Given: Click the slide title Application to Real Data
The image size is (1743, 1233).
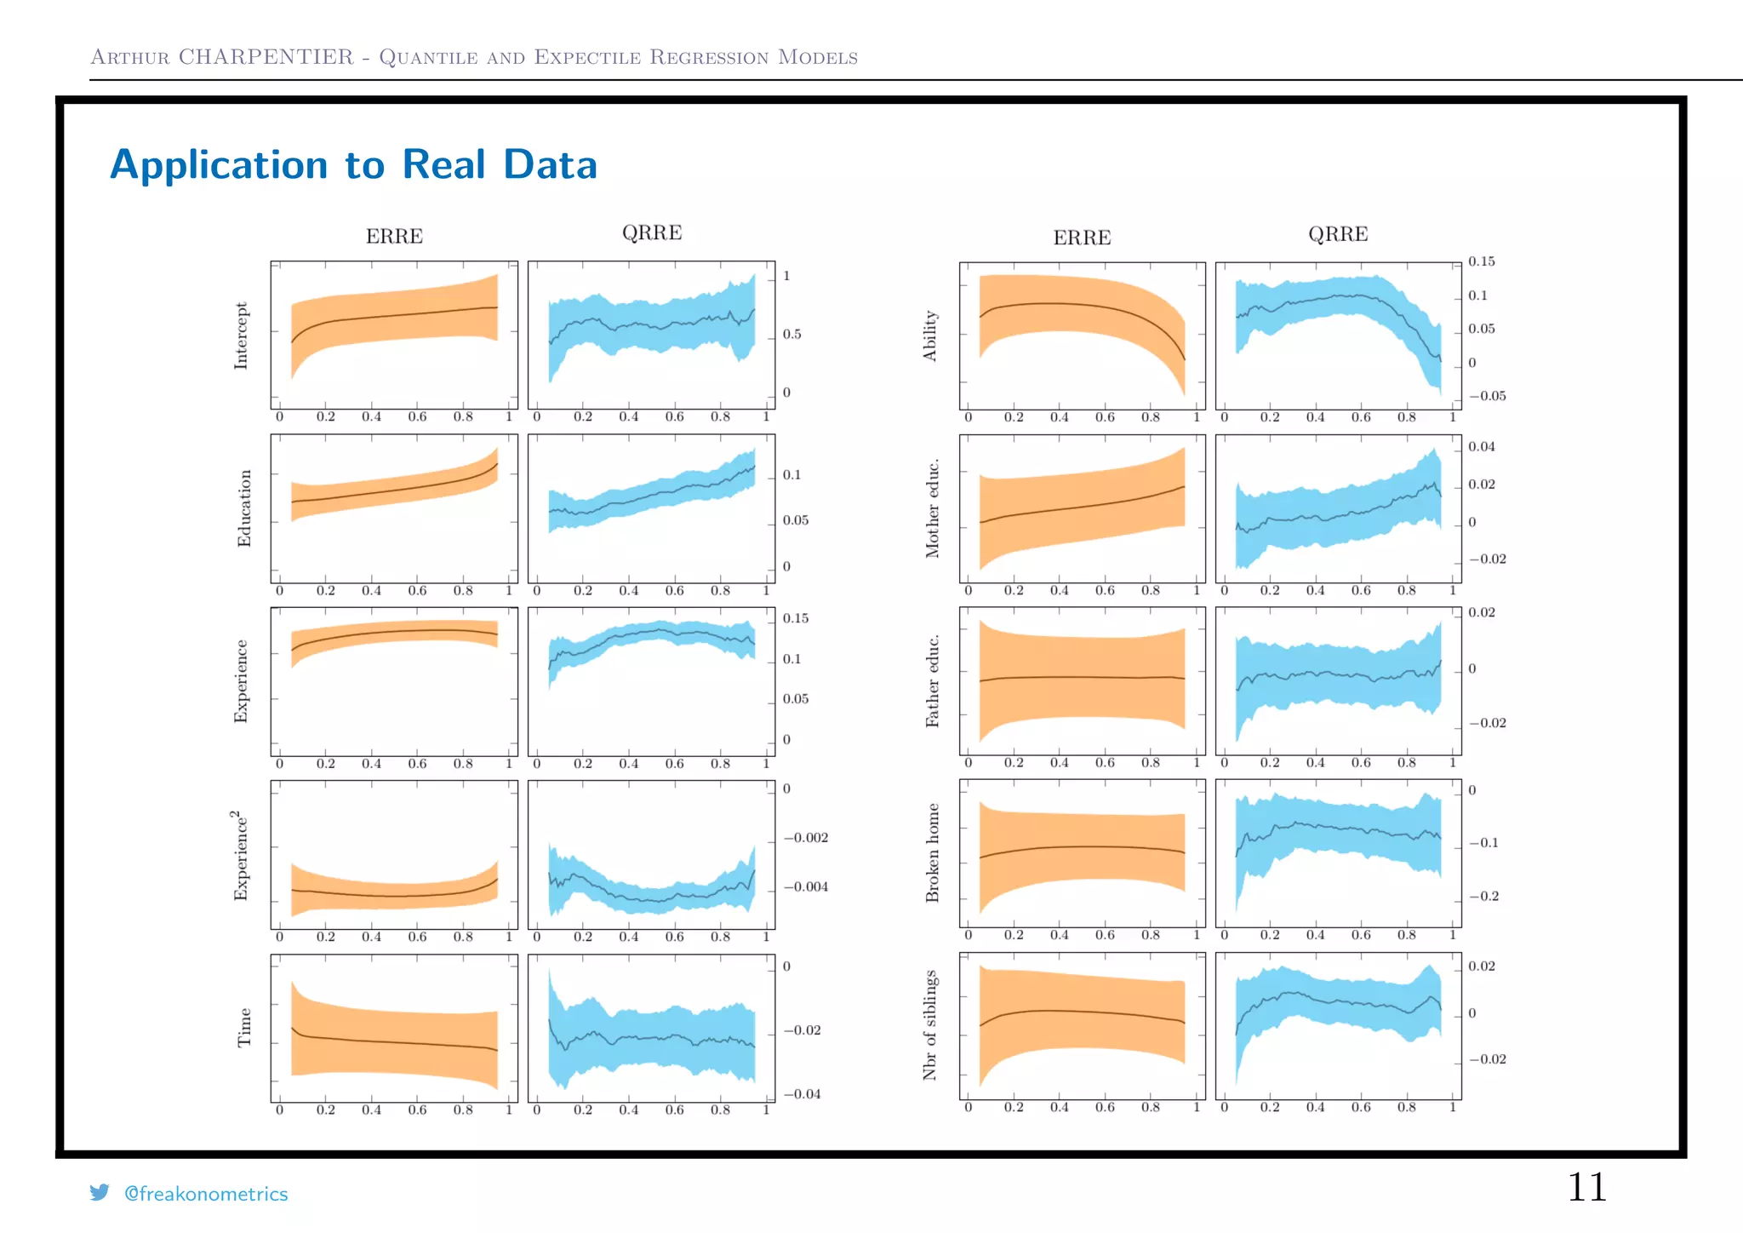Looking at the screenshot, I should pos(353,164).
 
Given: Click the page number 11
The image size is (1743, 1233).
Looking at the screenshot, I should pos(1586,1187).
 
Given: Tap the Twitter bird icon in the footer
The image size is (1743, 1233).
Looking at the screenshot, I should pos(100,1192).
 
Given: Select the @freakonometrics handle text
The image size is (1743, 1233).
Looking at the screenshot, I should pos(206,1194).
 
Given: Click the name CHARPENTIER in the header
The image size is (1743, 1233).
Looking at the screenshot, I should pos(266,57).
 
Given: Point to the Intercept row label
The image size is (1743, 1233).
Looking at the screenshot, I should pos(241,335).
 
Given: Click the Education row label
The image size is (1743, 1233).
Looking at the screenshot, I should pos(244,508).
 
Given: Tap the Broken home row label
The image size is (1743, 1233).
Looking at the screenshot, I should pos(932,852).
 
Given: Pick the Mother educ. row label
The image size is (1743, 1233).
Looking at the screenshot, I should pos(932,508).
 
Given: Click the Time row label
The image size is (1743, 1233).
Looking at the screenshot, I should pos(244,1028).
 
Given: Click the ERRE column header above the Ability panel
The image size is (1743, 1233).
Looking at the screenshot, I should pos(1082,238).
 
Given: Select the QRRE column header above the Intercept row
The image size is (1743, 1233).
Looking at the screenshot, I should pos(652,232).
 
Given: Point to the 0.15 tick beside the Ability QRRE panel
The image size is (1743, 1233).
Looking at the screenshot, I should pos(1481,261).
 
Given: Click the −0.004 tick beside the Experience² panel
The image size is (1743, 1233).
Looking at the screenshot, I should pos(805,886).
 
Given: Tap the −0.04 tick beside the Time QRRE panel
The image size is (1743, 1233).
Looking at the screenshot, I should pos(802,1094).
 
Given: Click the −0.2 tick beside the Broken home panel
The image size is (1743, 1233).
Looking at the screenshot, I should pos(1483,896).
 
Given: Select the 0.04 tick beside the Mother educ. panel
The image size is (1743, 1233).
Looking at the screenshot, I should pos(1481,446).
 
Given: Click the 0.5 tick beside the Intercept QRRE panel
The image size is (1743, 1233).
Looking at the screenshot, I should pos(791,335).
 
